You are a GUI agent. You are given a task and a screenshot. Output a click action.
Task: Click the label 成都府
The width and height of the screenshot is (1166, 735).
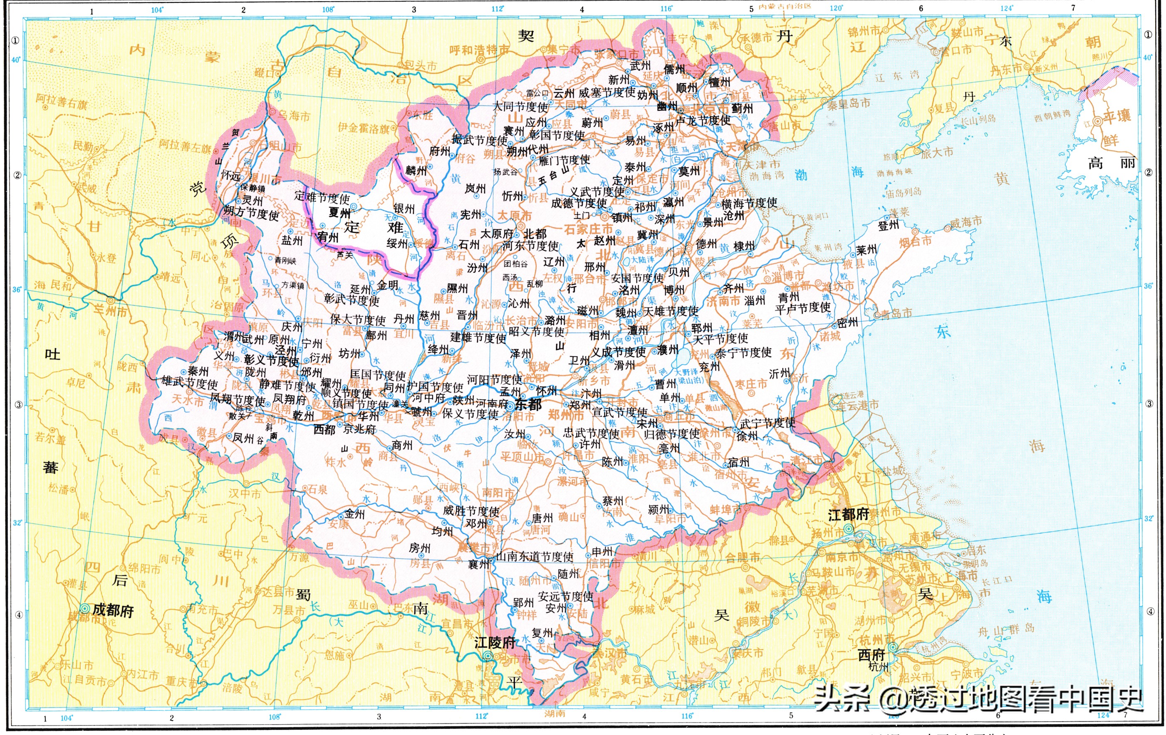tap(113, 610)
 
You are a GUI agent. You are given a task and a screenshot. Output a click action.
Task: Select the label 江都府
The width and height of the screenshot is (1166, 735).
tap(848, 515)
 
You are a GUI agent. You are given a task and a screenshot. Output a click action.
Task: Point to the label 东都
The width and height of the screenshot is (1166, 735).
tap(528, 404)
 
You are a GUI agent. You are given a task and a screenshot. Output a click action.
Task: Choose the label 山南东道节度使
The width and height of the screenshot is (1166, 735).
tap(534, 557)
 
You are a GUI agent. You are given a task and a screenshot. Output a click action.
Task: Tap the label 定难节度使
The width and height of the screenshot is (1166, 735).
tap(322, 197)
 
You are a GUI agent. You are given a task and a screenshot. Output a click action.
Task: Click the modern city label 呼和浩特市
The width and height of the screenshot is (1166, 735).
tap(479, 50)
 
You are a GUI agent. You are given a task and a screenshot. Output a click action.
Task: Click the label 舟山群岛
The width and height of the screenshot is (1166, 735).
tap(1006, 630)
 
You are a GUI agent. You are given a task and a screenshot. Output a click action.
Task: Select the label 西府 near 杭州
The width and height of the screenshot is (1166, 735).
tap(871, 655)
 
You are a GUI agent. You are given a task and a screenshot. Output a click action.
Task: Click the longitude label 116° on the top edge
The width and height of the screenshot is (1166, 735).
tap(666, 9)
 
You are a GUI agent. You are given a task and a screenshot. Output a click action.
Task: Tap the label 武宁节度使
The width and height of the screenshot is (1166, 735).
tap(767, 423)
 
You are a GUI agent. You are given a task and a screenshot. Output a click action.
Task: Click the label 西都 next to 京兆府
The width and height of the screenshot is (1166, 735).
tap(324, 429)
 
